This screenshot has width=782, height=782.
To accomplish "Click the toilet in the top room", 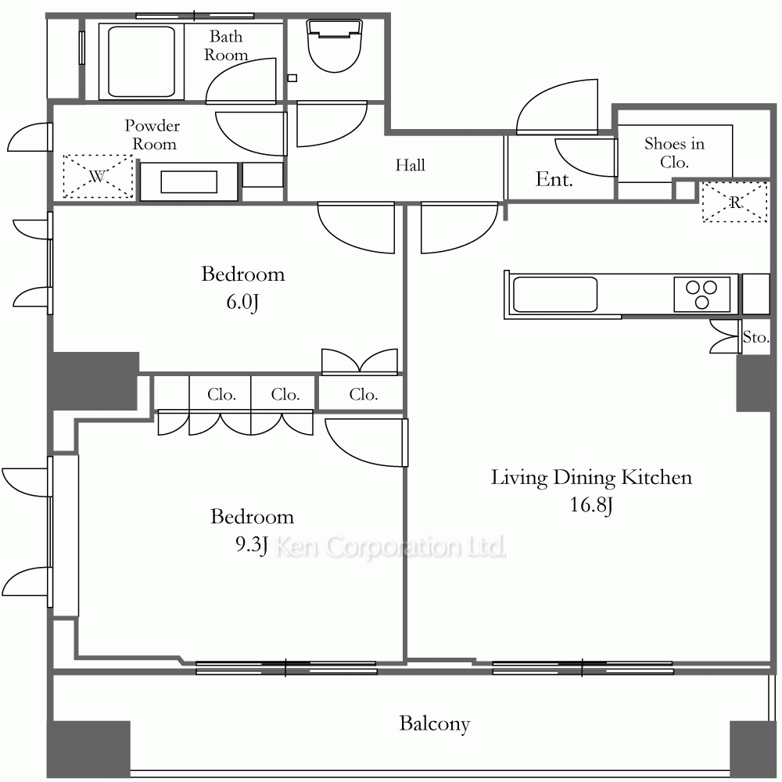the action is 335,45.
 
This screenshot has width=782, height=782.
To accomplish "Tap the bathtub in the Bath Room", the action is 142,61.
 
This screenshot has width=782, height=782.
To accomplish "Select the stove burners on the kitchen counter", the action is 702,294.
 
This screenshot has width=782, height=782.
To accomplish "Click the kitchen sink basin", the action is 554,294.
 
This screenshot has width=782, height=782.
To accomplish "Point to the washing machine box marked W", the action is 99,177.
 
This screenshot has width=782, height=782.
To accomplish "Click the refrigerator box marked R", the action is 735,202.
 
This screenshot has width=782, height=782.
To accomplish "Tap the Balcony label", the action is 434,723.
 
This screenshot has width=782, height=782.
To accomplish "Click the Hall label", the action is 410,165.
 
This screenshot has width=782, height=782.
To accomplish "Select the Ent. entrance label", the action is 554,179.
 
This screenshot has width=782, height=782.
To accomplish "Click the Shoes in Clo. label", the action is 674,152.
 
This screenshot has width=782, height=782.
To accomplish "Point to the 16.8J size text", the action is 591,505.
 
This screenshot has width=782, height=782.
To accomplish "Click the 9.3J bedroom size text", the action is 251,544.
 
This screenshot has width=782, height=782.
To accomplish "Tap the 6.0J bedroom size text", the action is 243,302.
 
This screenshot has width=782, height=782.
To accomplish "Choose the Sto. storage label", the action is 755,337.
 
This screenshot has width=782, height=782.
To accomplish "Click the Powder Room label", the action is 152,135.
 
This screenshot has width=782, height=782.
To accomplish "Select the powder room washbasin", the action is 189,181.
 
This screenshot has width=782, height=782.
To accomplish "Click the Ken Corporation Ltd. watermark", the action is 390,547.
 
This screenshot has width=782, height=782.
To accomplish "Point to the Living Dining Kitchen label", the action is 591,477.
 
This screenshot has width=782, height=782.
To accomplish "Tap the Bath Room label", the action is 226,45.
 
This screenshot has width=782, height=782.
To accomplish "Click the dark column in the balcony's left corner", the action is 89,748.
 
